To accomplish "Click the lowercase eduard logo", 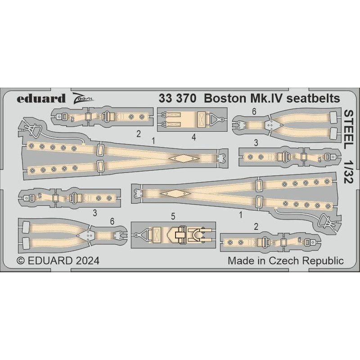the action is tap(41, 99).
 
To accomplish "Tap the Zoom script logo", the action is tap(83, 98).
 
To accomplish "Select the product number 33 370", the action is tap(178, 99).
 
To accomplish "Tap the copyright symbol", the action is tap(21, 261).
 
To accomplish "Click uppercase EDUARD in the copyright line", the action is tap(50, 261).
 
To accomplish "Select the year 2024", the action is tap(87, 261).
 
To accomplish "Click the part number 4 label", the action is tap(194, 138).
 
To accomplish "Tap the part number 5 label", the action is tap(173, 216).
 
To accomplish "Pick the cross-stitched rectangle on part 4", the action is tap(202, 119).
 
